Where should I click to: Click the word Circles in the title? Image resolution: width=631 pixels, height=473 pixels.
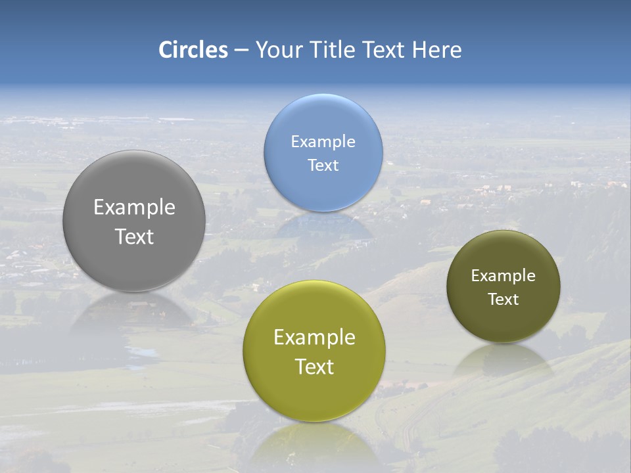(x=193, y=50)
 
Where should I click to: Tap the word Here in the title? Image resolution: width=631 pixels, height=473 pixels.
(x=436, y=50)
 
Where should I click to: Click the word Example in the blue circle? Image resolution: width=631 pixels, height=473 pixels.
(x=323, y=141)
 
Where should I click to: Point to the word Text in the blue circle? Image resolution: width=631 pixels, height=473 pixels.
(x=323, y=165)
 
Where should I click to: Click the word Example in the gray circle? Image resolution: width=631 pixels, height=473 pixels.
(x=134, y=207)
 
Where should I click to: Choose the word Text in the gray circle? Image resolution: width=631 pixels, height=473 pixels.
(x=134, y=236)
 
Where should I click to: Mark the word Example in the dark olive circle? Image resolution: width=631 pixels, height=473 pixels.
(x=503, y=275)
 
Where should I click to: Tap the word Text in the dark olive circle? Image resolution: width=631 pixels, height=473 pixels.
(x=503, y=299)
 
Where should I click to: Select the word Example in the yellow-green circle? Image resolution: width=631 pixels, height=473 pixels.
(x=314, y=337)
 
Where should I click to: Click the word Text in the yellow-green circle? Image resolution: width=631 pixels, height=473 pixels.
(x=314, y=367)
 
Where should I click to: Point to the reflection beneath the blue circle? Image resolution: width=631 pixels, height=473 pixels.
(x=323, y=227)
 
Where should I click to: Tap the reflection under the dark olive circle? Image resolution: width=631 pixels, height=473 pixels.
(x=503, y=359)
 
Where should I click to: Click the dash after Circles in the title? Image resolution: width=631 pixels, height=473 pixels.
(x=241, y=50)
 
